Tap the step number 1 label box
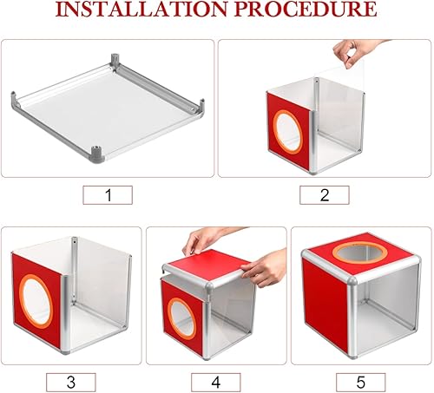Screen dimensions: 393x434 point(108,195)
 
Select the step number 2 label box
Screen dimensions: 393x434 point(324,195)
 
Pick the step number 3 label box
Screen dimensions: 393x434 point(70,380)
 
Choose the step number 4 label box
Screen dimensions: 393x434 point(215,380)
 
